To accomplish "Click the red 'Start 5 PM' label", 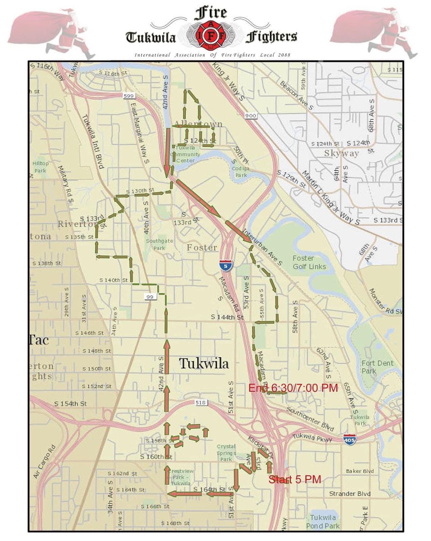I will click(295, 479).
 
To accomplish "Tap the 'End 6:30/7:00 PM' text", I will click(293, 388).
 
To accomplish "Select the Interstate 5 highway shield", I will click(225, 265).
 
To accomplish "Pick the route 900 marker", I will click(251, 116).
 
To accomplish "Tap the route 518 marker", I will click(201, 402).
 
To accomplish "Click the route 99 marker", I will click(150, 296).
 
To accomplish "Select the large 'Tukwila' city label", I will click(204, 364).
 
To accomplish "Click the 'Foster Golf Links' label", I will click(309, 262).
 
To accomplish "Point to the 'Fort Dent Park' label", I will click(377, 367).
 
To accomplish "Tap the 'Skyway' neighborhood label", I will click(342, 153).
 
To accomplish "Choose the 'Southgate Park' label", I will click(156, 244).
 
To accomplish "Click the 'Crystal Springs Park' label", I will click(226, 453).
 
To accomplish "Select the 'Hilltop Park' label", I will click(40, 167).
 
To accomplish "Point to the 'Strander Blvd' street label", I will click(350, 494).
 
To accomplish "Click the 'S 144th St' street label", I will click(227, 317).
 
